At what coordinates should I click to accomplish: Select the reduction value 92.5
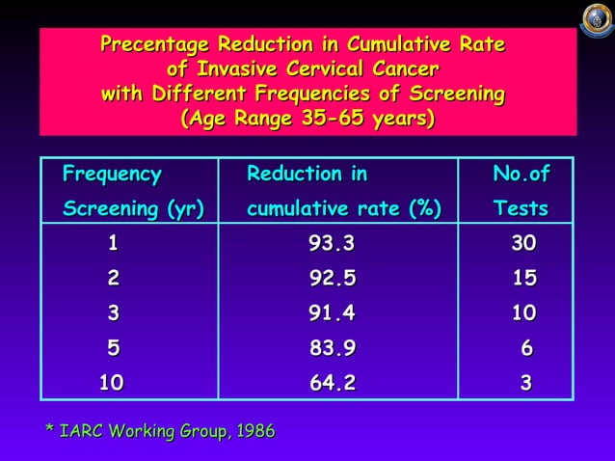(333, 279)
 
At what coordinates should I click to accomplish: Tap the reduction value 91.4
(333, 313)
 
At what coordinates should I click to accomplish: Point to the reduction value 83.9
(333, 348)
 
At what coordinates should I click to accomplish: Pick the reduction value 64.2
(333, 383)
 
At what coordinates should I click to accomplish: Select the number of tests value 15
(523, 279)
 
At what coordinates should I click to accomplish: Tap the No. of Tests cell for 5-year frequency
(526, 348)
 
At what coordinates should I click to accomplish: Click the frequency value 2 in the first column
(114, 279)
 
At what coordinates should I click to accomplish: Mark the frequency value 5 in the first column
(114, 348)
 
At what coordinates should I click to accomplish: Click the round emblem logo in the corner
(596, 18)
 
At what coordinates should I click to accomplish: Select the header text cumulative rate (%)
(343, 208)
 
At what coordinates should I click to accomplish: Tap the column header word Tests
(521, 208)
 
